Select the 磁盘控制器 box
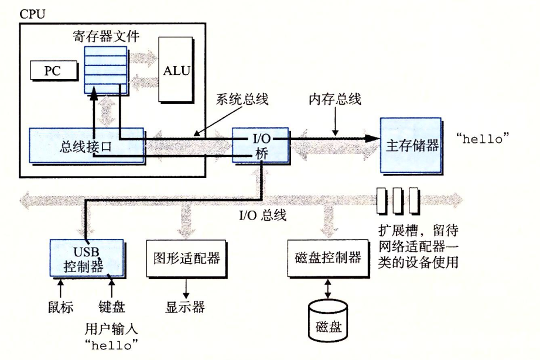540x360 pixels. (x=323, y=258)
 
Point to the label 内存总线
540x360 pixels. (x=334, y=100)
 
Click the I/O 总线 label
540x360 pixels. (x=262, y=215)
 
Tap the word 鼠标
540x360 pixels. (x=61, y=307)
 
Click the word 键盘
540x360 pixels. (x=112, y=307)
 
